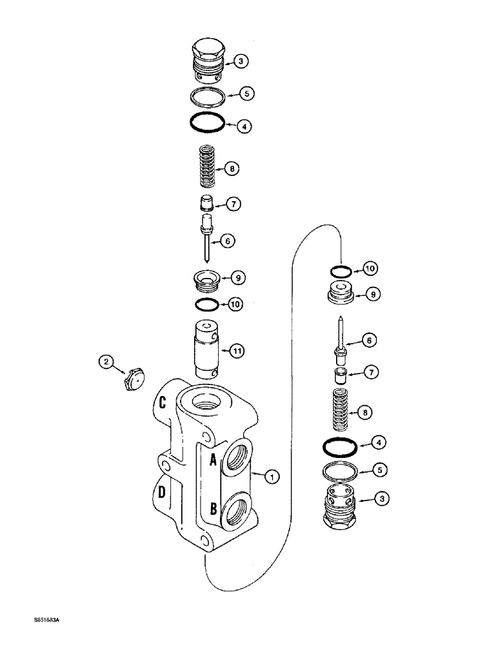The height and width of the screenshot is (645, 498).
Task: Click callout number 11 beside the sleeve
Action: click(237, 351)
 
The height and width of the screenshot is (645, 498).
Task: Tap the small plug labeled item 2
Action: click(134, 381)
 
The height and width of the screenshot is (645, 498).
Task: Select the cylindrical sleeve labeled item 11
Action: click(207, 348)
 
